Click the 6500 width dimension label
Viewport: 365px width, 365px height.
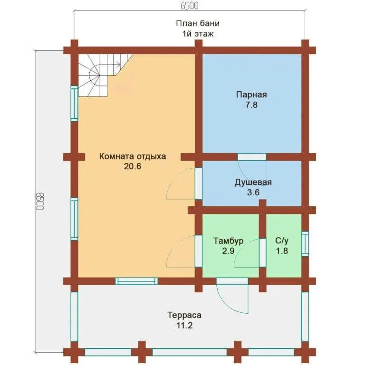tap(190, 6)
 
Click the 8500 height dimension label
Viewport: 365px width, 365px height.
tap(40, 201)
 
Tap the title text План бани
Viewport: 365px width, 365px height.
tap(198, 23)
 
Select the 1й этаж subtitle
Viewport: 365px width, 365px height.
tap(198, 34)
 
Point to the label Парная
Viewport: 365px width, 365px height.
tap(251, 95)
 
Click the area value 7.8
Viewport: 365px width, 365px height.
tap(251, 105)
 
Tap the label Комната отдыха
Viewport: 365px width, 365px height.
tap(133, 156)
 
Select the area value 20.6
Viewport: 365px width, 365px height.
tap(133, 166)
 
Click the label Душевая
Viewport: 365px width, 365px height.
tap(253, 182)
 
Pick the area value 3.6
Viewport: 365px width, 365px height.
tap(253, 192)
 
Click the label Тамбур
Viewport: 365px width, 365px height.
tap(228, 240)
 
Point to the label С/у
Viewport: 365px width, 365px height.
tap(282, 240)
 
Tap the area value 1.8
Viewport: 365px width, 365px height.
tap(282, 251)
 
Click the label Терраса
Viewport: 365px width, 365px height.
tap(184, 315)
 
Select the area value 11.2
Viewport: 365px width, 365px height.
tap(184, 325)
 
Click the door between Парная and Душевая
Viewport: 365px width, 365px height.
tap(251, 157)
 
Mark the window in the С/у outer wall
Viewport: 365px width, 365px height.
tap(305, 244)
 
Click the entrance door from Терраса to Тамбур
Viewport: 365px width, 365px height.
tap(232, 281)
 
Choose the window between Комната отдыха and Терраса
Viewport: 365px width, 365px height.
tap(136, 281)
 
